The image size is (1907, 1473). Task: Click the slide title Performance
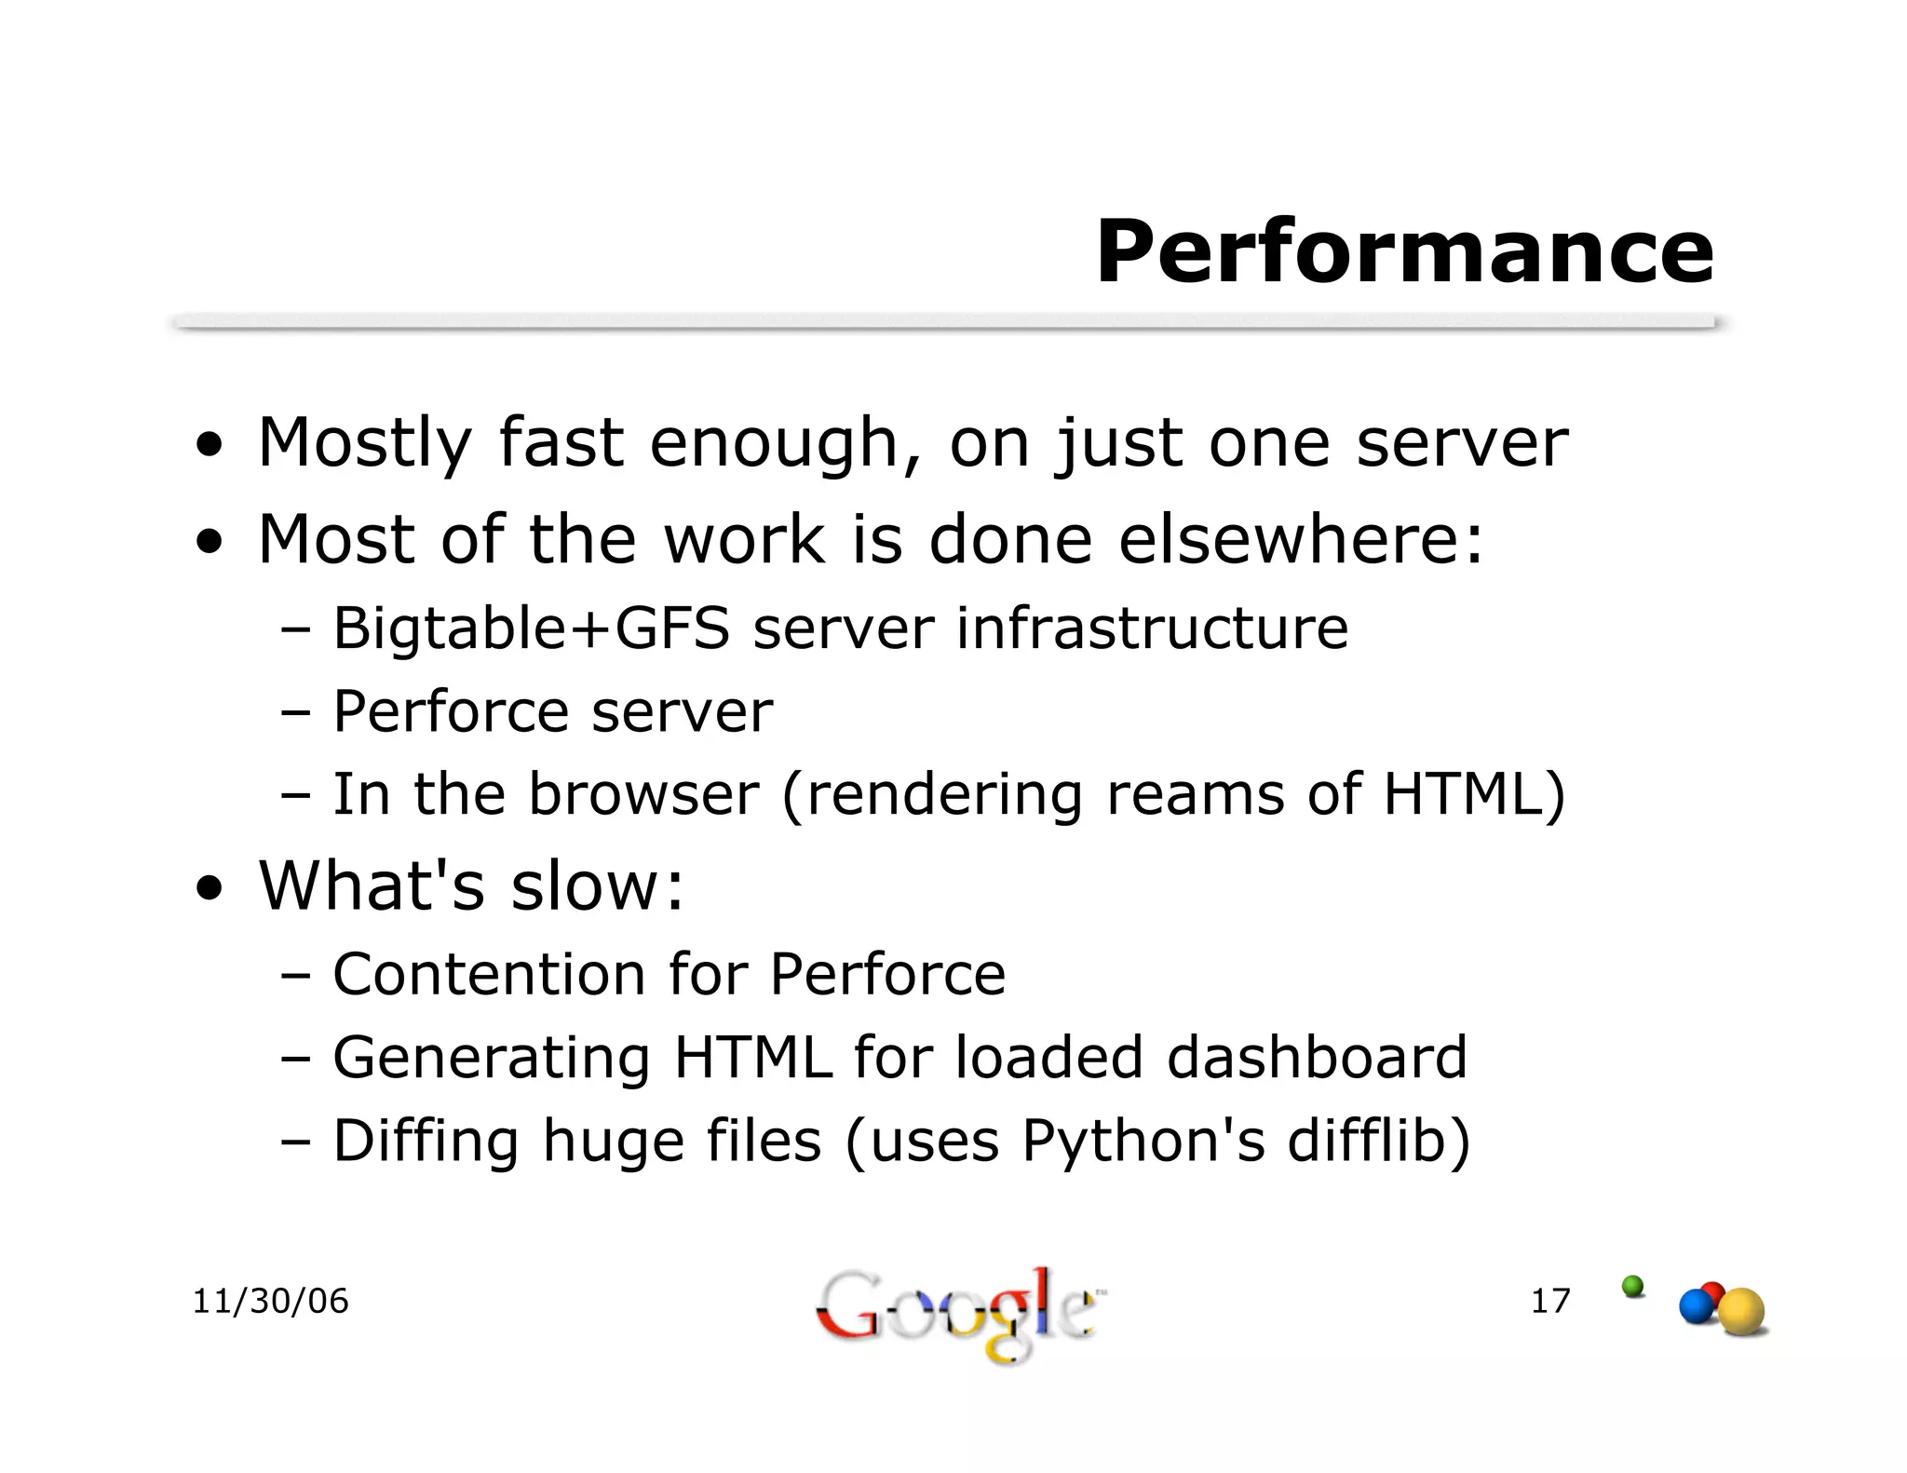pos(1404,252)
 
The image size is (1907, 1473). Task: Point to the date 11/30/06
pos(270,1301)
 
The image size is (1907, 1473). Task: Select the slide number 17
pos(1550,1301)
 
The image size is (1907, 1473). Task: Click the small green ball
pos(1632,1286)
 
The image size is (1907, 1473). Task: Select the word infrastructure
pos(1152,628)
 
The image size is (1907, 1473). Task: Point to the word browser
pos(643,794)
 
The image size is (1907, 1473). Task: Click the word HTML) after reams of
pos(1474,794)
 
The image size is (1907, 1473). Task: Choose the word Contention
pos(489,974)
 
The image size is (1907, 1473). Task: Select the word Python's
pos(1143,1141)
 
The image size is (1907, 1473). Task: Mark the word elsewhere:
pos(1300,540)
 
